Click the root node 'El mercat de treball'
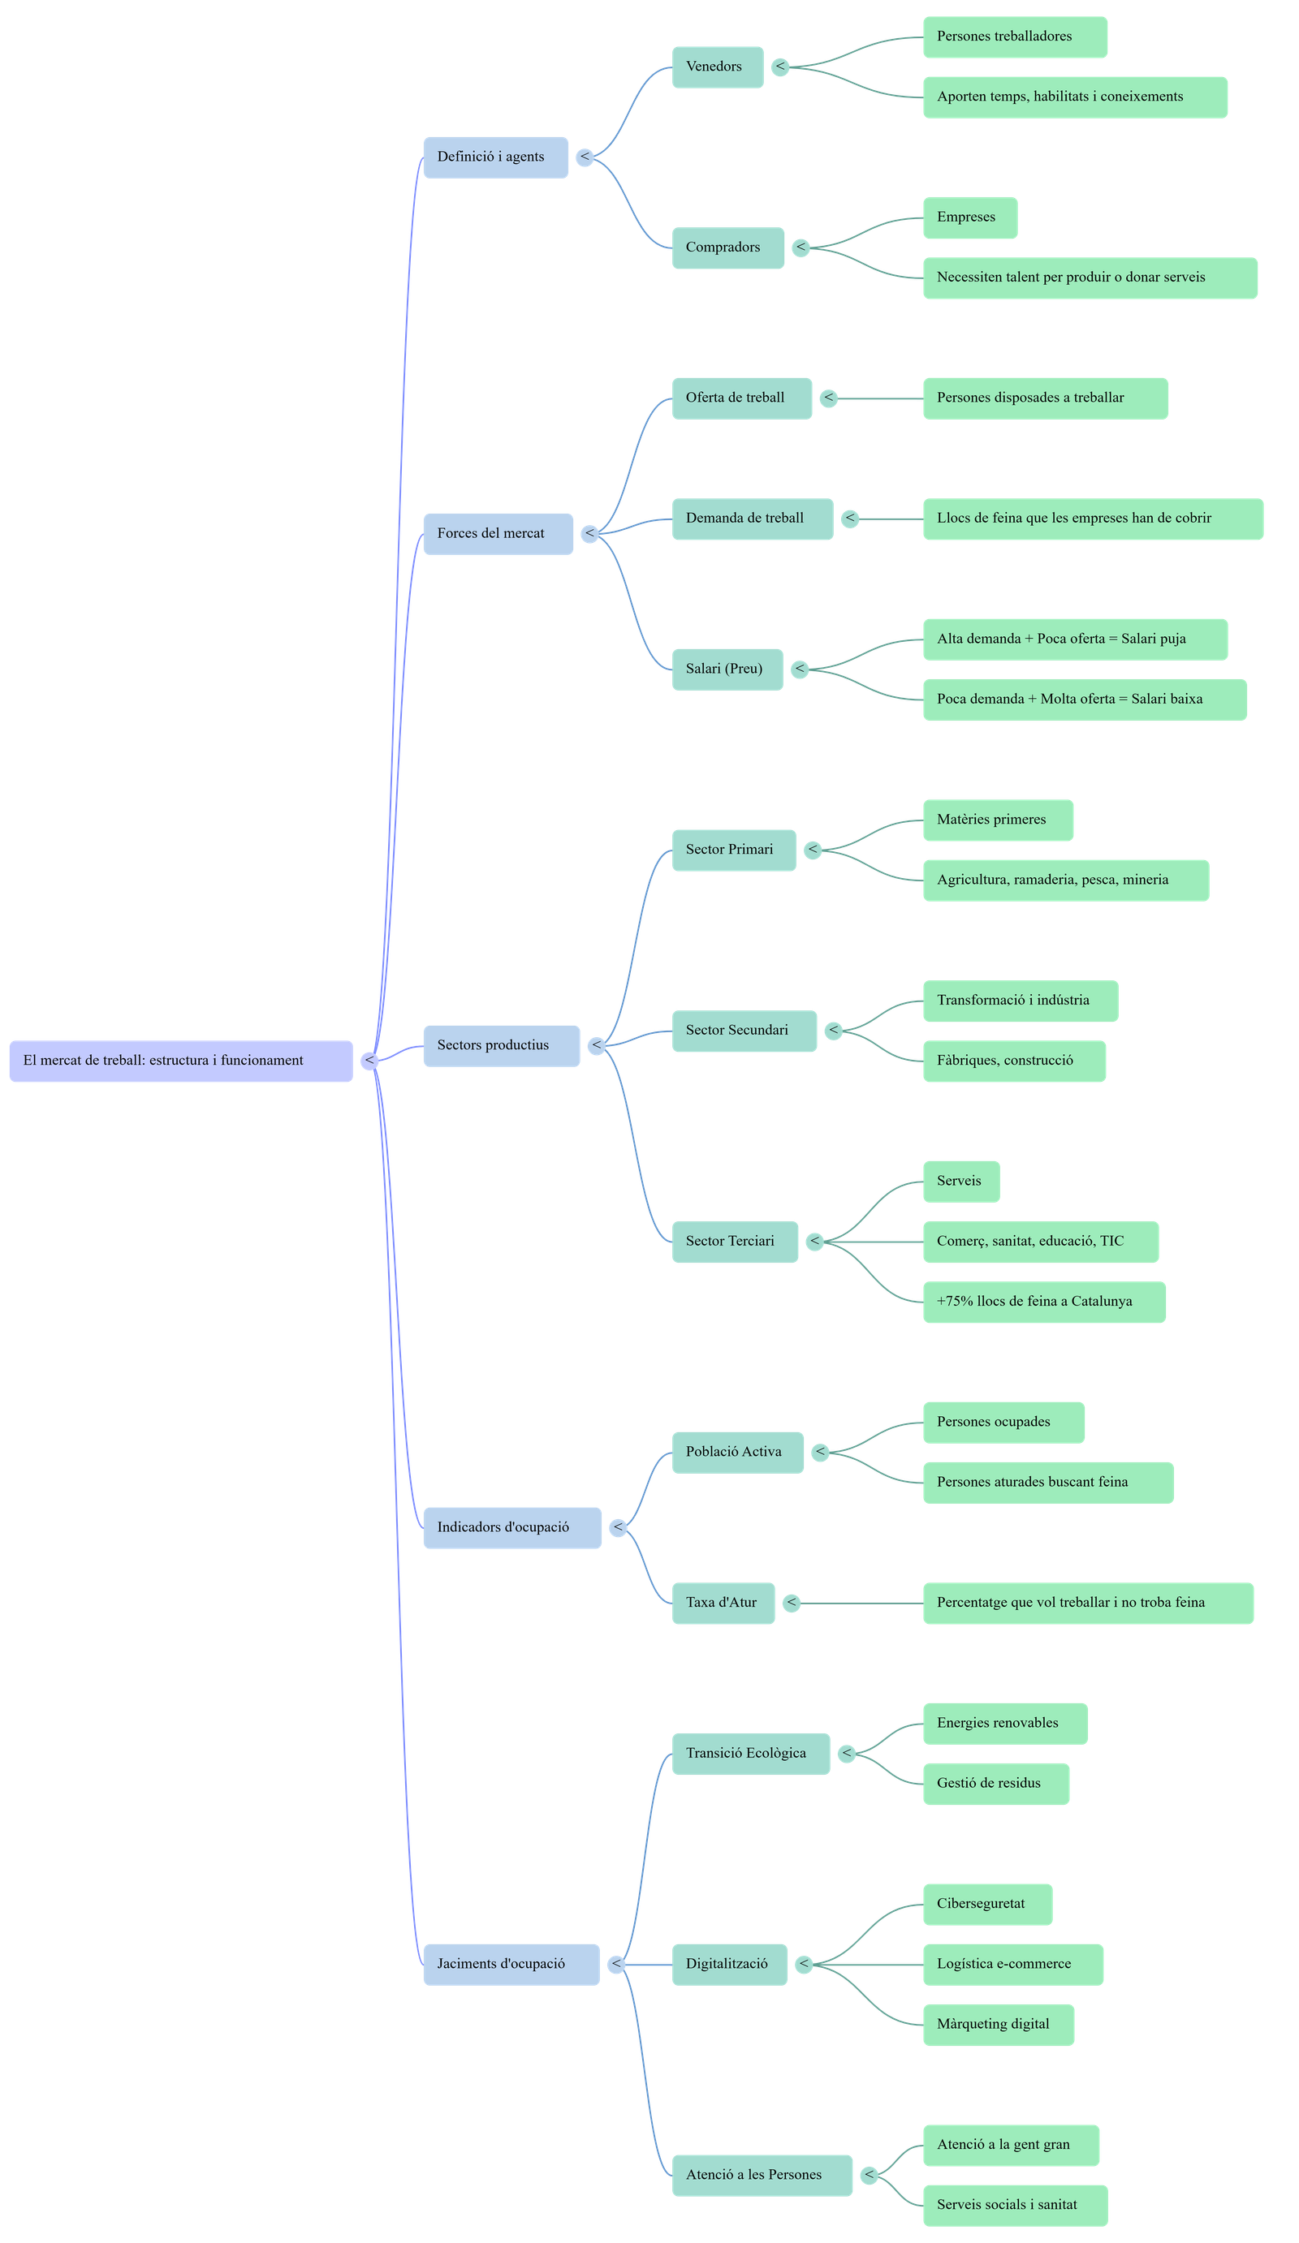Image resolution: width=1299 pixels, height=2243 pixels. coord(181,1061)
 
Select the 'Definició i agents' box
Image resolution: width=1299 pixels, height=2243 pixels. coord(495,157)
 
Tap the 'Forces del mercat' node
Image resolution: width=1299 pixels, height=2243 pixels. coord(498,534)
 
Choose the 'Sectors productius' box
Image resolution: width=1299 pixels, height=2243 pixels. coord(500,1046)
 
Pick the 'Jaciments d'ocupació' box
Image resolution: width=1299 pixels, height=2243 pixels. coord(510,1964)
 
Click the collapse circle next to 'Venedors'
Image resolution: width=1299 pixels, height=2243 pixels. coord(780,67)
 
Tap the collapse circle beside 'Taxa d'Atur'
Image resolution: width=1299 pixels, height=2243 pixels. coord(791,1603)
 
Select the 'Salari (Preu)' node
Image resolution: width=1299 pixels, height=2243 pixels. coord(727,669)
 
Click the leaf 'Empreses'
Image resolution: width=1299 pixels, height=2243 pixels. coord(969,218)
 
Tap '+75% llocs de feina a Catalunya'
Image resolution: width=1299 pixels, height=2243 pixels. coord(1043,1302)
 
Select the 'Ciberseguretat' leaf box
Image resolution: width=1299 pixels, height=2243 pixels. coord(986,1904)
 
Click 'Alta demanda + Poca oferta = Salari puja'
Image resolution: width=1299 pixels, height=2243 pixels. coord(1075,639)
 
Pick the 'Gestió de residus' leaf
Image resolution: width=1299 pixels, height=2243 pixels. coord(995,1783)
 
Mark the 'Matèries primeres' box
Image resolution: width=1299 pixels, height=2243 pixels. coord(997,820)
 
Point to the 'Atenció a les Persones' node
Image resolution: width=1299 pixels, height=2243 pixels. coord(762,2175)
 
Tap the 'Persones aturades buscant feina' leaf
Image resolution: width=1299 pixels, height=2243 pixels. coord(1048,1483)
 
